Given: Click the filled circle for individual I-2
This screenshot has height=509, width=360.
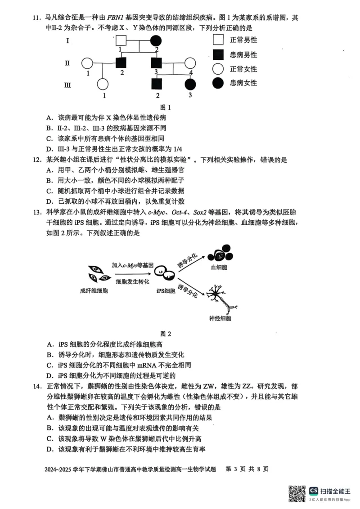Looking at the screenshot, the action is tap(156, 41).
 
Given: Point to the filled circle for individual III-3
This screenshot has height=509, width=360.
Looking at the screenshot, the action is tap(190, 85).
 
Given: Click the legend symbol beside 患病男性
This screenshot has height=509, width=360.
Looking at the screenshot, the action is tap(218, 55).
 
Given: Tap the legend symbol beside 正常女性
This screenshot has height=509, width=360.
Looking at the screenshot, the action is tap(218, 69).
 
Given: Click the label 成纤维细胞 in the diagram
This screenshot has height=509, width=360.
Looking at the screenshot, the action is tap(94, 291).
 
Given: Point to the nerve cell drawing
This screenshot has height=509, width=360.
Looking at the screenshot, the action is tap(220, 297).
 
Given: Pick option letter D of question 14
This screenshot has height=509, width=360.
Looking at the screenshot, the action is tap(50, 449).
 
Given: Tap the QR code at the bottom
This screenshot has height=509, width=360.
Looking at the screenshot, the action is tap(296, 493).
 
